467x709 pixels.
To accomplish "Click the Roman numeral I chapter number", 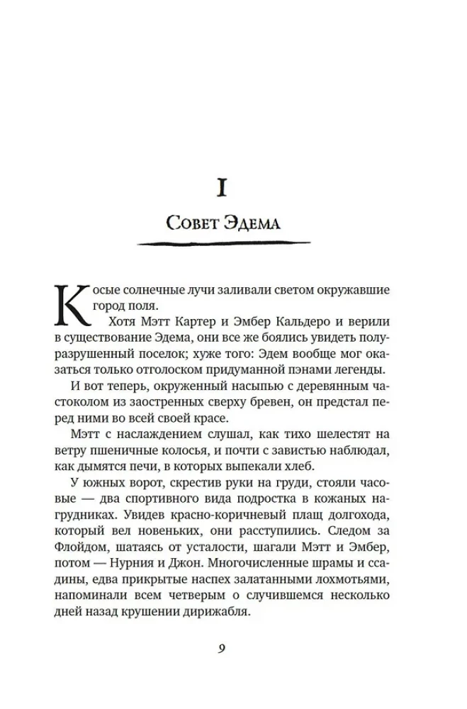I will click(x=223, y=187).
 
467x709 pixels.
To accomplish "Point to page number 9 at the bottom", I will click(x=222, y=648).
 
